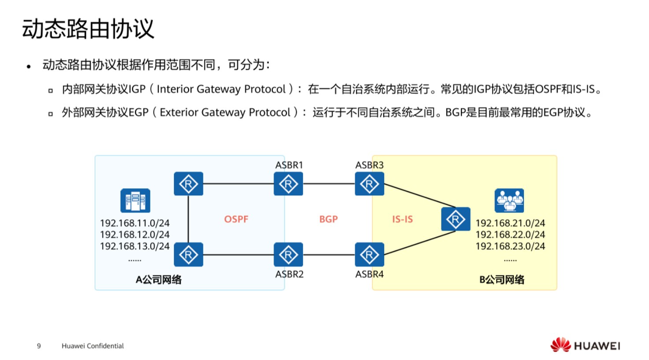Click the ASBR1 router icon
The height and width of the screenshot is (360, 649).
point(288,184)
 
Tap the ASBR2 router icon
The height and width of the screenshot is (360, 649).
point(288,255)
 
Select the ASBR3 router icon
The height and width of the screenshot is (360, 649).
point(369,184)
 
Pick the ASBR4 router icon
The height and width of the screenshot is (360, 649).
point(369,255)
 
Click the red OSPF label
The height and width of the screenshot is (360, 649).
point(237,219)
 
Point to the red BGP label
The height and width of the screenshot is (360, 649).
point(328,219)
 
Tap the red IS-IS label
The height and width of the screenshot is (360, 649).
point(402,219)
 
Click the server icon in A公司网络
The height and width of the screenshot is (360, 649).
point(135,200)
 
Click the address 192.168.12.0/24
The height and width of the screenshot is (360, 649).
point(135,234)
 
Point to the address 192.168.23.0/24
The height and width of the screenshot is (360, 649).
point(510,247)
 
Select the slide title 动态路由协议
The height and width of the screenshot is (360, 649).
point(88,29)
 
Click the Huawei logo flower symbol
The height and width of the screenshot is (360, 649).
point(560,345)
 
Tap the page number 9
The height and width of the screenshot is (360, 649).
point(39,346)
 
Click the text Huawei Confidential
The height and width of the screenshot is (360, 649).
point(93,346)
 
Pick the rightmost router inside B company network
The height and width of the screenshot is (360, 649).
point(455,219)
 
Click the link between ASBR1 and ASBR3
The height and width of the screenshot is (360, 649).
point(329,184)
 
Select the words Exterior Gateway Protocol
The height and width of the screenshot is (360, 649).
point(225,112)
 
